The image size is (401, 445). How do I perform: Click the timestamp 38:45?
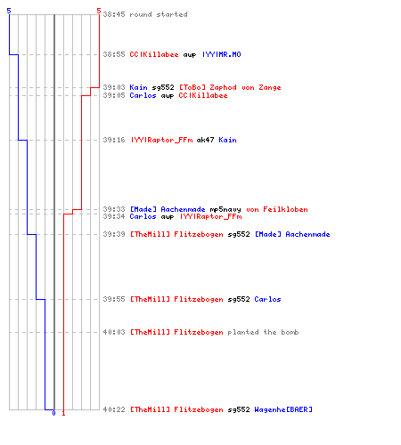coord(114,14)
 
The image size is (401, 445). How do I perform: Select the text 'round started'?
coord(159,14)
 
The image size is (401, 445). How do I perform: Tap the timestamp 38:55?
coord(114,54)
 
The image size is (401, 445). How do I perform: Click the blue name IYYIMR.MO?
coord(222,54)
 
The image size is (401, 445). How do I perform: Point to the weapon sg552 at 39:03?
coord(163,87)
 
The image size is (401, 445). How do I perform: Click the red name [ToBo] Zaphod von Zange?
coord(230,87)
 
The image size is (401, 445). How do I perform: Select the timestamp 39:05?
coord(114,95)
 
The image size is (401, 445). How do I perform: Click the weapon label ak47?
coord(205,140)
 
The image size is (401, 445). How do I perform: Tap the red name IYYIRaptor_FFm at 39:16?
coord(161,140)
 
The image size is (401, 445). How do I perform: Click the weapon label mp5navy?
coord(225,209)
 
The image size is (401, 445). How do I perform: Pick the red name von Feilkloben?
coord(277,209)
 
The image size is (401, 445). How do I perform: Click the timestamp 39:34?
coord(114,216)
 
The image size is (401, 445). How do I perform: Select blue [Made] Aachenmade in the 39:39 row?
coord(292,234)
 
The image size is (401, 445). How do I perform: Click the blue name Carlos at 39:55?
coord(267,299)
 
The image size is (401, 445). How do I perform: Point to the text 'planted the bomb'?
coord(263,332)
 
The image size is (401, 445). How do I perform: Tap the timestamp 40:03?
coord(114,332)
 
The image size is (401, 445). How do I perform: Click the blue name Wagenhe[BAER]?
coord(283,409)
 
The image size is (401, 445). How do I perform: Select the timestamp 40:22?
coord(114,409)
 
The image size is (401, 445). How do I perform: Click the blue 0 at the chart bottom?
coord(53,413)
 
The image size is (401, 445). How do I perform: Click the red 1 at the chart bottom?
coord(63,413)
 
